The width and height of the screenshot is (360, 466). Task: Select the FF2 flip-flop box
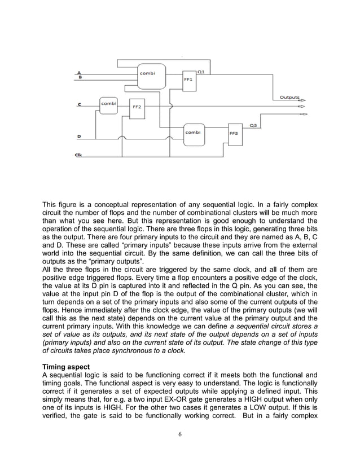coord(137,107)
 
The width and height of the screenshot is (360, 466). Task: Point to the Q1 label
coord(201,72)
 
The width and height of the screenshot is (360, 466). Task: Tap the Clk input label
coord(78,155)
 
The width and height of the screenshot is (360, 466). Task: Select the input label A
coord(79,72)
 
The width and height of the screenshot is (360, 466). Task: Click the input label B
coord(80,77)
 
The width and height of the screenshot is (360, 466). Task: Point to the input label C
coord(80,104)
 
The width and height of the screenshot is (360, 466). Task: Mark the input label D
coord(78,137)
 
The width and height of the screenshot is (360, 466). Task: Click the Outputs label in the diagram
coord(289,97)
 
